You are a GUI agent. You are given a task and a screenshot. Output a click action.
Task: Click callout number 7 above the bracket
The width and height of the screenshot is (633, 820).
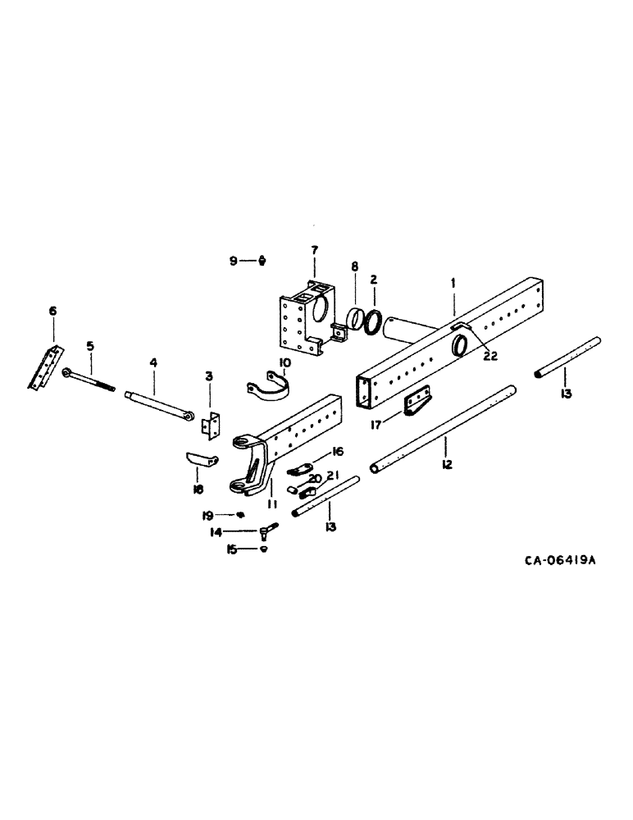[314, 249]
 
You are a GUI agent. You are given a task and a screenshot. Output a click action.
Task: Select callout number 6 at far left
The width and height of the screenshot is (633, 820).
[53, 311]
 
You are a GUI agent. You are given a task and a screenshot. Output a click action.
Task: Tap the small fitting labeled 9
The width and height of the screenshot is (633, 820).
[262, 261]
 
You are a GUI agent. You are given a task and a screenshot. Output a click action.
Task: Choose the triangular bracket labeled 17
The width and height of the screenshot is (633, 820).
[418, 401]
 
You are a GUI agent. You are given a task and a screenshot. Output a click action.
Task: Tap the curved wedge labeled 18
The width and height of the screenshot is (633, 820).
[199, 458]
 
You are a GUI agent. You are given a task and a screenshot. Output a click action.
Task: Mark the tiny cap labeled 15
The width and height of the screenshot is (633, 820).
[262, 549]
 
